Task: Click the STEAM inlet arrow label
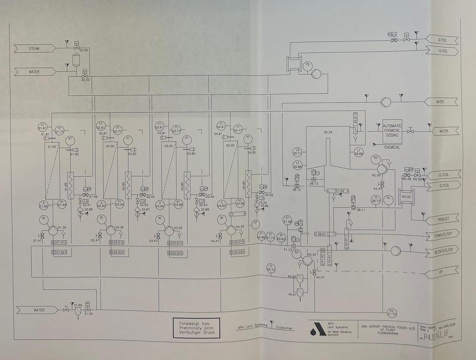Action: (x=34, y=48)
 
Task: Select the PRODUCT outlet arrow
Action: (x=443, y=219)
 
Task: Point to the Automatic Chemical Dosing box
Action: (x=392, y=130)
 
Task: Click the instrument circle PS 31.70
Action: (x=392, y=312)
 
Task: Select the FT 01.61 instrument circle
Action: (x=42, y=126)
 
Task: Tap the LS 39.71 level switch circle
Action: (x=297, y=152)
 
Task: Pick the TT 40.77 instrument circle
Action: (x=271, y=268)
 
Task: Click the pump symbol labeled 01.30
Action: (x=53, y=230)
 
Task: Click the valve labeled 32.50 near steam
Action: (x=76, y=48)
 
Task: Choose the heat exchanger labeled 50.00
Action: (x=406, y=196)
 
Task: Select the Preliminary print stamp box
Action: (x=196, y=328)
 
